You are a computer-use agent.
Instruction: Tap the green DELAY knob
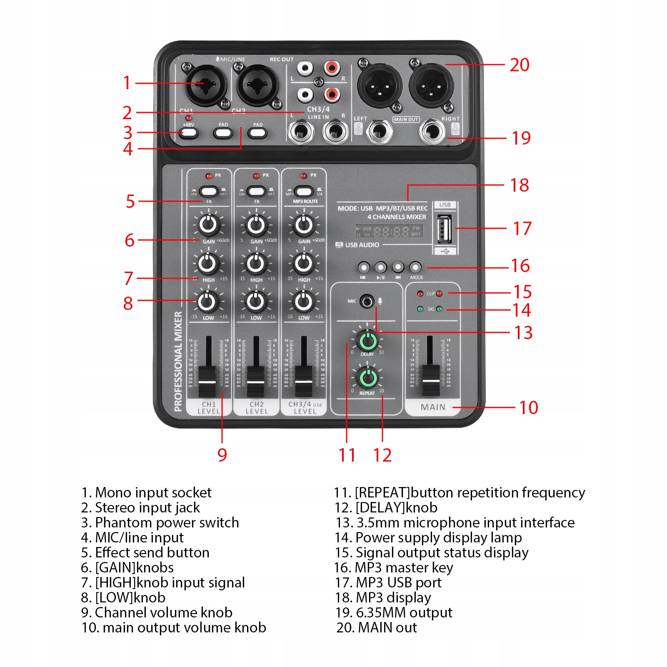pos(367,341)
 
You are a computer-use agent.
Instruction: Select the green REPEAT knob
pos(367,378)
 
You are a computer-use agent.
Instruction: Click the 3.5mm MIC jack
pos(367,301)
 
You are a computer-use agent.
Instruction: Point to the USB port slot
pos(444,229)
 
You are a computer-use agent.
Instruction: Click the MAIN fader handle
pos(430,380)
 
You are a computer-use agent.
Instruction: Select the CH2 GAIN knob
pos(256,225)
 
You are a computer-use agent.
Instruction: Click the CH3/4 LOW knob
pos(303,301)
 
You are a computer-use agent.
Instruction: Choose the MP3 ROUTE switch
pos(304,192)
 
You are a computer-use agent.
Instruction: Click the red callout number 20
pos(519,65)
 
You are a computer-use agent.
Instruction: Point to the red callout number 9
pos(222,455)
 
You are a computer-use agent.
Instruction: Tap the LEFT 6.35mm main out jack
pos(379,132)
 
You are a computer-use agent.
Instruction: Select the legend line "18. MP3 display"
pos(383,597)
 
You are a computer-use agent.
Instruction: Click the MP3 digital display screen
pos(389,231)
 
